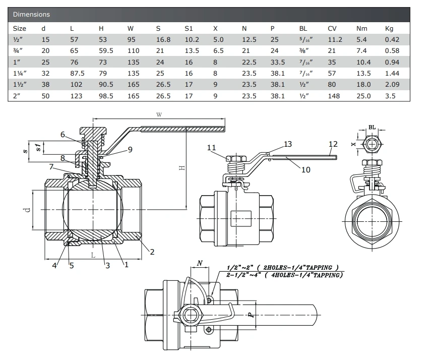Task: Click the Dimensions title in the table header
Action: pos(31,15)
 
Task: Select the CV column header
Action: pos(332,28)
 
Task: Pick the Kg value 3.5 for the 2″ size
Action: pos(391,95)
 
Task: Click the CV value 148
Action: pos(333,95)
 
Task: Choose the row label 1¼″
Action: pos(20,73)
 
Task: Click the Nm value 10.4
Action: pos(363,62)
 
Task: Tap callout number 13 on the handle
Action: pos(287,144)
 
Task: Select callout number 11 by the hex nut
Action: pos(211,148)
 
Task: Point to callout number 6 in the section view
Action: pos(63,134)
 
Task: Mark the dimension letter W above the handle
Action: pos(159,115)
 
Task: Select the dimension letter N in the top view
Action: pos(200,263)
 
